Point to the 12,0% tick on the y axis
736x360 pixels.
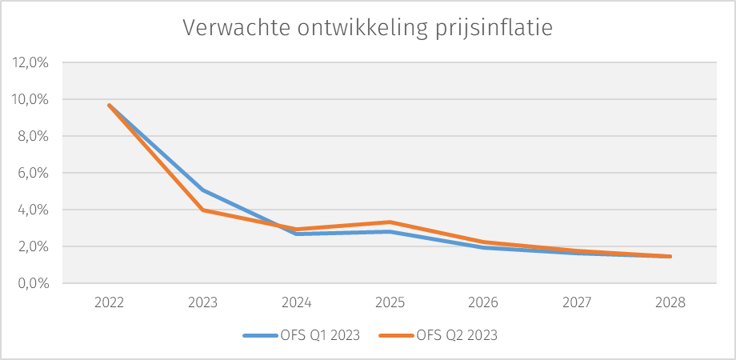(30, 63)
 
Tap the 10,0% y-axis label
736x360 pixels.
(30, 100)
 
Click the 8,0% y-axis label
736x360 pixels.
(33, 137)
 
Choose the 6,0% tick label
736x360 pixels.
(33, 174)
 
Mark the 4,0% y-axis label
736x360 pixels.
(33, 210)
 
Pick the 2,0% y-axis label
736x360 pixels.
(33, 247)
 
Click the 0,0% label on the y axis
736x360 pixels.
(33, 284)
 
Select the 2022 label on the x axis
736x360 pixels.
(109, 303)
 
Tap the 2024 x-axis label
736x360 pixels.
(296, 303)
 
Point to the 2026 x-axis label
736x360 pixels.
(483, 303)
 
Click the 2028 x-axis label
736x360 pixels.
(670, 303)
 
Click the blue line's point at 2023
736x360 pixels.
(202, 190)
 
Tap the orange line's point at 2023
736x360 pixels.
(202, 210)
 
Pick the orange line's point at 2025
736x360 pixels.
(390, 222)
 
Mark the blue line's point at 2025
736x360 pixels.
(390, 232)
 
